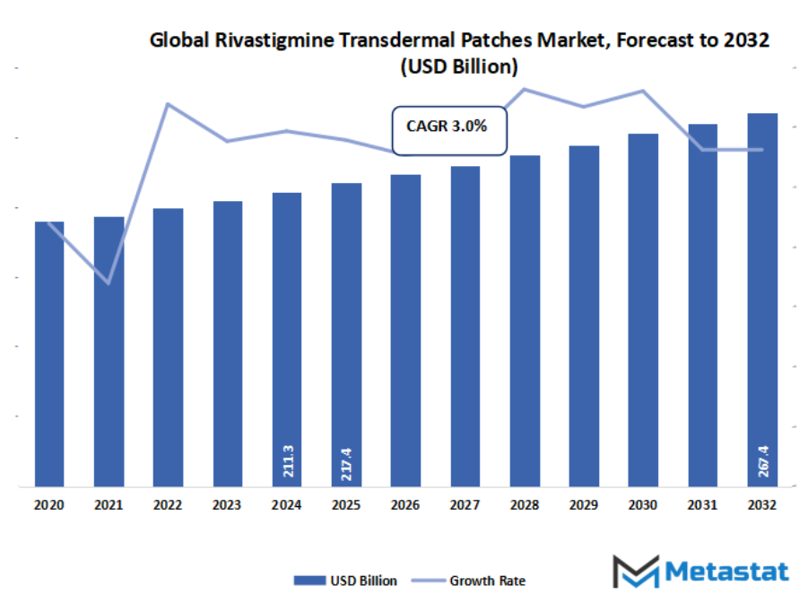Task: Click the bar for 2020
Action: point(49,354)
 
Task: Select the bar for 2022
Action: point(168,347)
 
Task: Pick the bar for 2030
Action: point(643,310)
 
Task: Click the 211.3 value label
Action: point(287,460)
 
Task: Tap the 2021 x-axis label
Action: point(109,505)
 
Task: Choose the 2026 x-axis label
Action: point(405,505)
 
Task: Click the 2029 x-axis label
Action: point(584,505)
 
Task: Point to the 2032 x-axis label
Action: point(762,505)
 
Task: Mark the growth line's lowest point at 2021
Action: point(109,284)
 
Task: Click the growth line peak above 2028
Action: point(525,89)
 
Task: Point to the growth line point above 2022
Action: point(168,104)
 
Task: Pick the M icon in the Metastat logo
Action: point(635,572)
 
